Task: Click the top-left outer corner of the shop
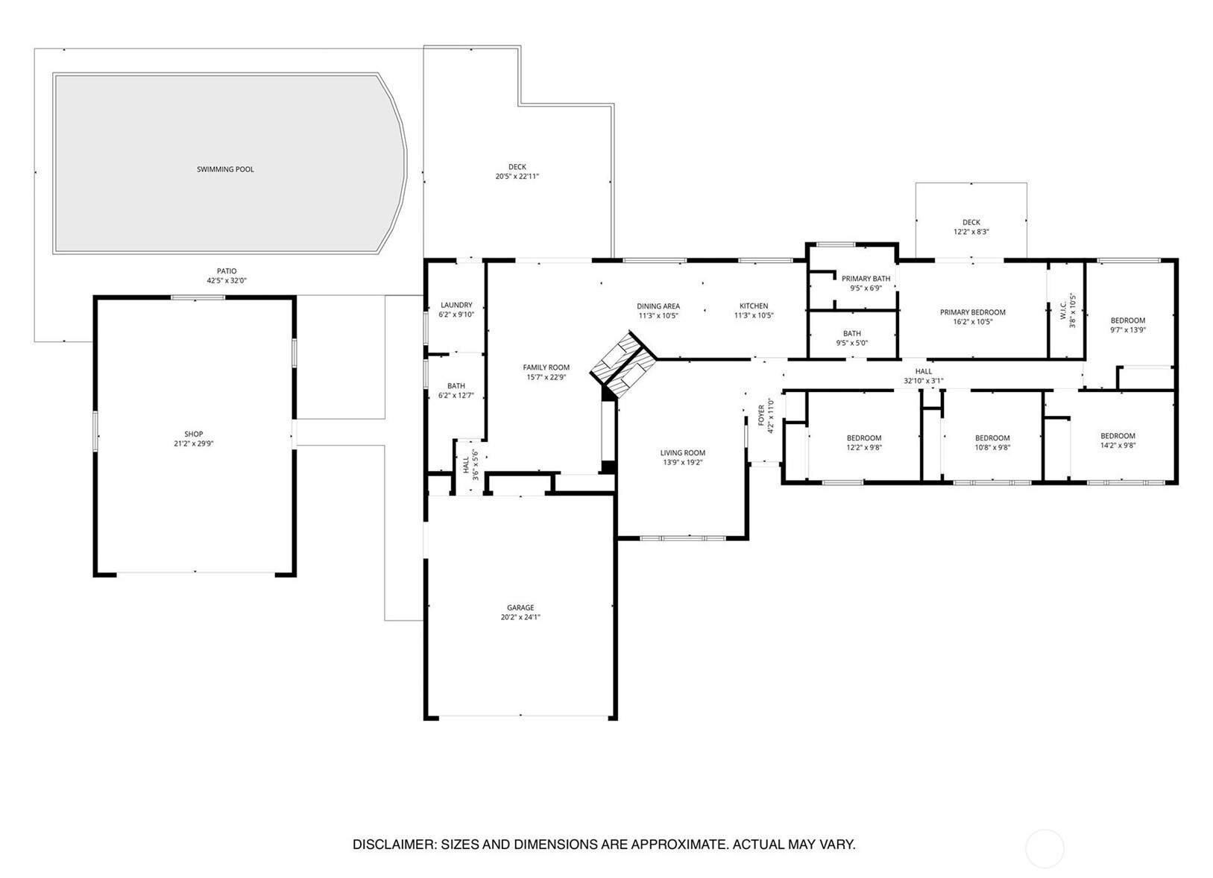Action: click(x=94, y=296)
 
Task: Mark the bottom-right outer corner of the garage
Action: click(x=617, y=720)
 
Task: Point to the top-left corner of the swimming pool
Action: click(x=53, y=73)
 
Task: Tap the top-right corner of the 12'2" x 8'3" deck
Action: click(x=1027, y=183)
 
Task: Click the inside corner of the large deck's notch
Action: click(x=520, y=104)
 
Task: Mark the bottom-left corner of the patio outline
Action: click(x=34, y=341)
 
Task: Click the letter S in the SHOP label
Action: click(x=186, y=434)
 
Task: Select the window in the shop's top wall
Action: click(x=198, y=297)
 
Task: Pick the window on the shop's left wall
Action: click(x=95, y=431)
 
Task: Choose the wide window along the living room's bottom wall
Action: click(x=682, y=538)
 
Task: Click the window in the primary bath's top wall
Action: click(x=836, y=244)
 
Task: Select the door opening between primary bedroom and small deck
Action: click(x=970, y=261)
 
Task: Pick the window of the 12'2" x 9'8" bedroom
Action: click(x=842, y=481)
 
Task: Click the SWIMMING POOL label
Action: click(x=225, y=169)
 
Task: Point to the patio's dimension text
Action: click(x=227, y=280)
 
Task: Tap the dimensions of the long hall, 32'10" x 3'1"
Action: click(x=923, y=381)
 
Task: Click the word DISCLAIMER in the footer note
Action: click(x=394, y=844)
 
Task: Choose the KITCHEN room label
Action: click(x=754, y=306)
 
